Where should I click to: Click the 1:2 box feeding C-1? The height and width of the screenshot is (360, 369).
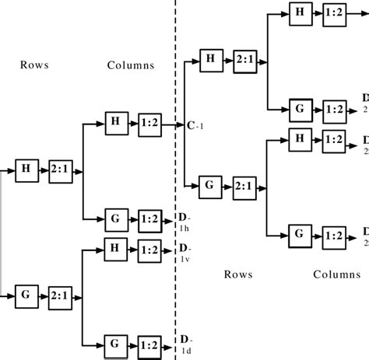tap(150, 123)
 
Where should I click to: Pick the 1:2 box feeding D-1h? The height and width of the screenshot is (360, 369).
tap(151, 220)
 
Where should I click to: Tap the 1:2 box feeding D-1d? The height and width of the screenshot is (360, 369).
tap(151, 342)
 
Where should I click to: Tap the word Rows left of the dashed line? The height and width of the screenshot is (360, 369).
tap(34, 65)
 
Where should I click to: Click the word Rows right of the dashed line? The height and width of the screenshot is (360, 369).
tap(238, 274)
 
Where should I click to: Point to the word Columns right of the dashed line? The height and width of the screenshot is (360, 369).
tap(337, 274)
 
